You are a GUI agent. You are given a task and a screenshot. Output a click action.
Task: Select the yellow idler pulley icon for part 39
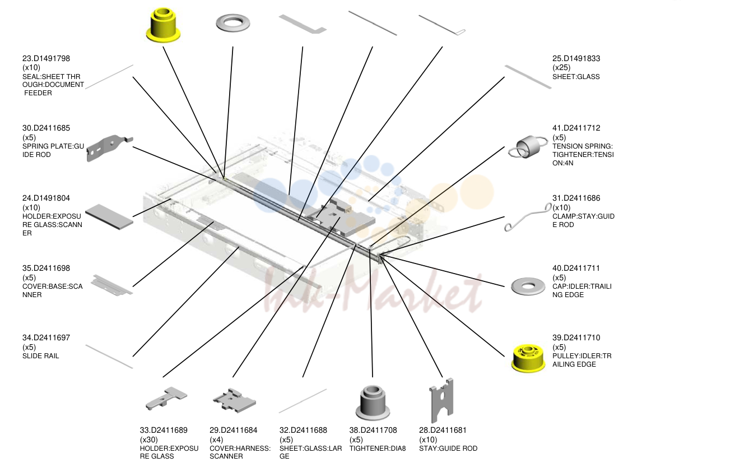[528, 358]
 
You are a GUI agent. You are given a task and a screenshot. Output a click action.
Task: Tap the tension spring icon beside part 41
[528, 147]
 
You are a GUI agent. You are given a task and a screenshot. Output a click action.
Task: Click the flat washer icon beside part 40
[528, 286]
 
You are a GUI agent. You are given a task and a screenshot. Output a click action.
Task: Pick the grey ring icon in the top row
[233, 23]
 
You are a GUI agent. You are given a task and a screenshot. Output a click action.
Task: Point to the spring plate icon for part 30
[109, 148]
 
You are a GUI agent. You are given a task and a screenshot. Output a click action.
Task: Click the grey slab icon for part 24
[109, 217]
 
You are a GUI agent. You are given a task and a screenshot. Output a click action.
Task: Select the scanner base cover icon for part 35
[111, 285]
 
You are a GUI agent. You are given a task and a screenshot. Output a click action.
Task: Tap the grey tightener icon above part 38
[373, 403]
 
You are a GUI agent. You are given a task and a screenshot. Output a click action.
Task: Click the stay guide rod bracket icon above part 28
[441, 400]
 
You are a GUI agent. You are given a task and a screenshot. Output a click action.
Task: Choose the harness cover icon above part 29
[234, 400]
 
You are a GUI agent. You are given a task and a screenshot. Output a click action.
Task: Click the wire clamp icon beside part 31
[528, 217]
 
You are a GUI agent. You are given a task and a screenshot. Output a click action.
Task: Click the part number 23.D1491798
[46, 58]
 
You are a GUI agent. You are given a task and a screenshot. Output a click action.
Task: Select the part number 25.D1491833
[576, 58]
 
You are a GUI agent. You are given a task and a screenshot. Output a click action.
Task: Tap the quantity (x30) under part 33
[148, 440]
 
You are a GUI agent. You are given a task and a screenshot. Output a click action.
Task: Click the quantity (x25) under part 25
[561, 68]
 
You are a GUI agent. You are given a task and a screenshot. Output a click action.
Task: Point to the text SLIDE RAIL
[40, 356]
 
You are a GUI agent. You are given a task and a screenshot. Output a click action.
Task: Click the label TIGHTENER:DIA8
[378, 448]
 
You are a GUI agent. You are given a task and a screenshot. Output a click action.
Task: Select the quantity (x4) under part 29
[216, 440]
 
